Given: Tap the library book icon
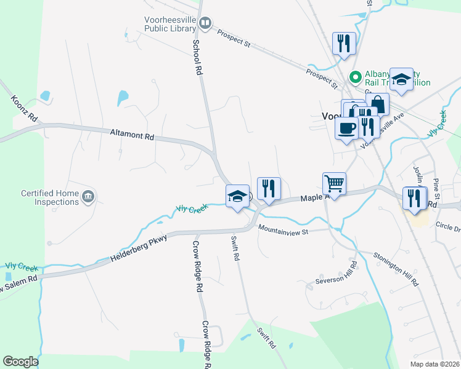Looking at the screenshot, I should pyautogui.click(x=205, y=23).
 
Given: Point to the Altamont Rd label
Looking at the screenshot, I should pyautogui.click(x=131, y=133).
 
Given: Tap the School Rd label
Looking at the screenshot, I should pyautogui.click(x=198, y=58).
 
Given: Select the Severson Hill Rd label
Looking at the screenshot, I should pyautogui.click(x=337, y=273).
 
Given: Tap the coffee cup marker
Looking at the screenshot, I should pyautogui.click(x=346, y=128).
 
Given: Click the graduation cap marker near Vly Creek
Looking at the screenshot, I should pyautogui.click(x=237, y=196).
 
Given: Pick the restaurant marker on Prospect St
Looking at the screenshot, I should pyautogui.click(x=343, y=43).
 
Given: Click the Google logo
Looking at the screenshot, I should pyautogui.click(x=21, y=362).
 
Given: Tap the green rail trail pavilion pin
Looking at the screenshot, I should pyautogui.click(x=355, y=77).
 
